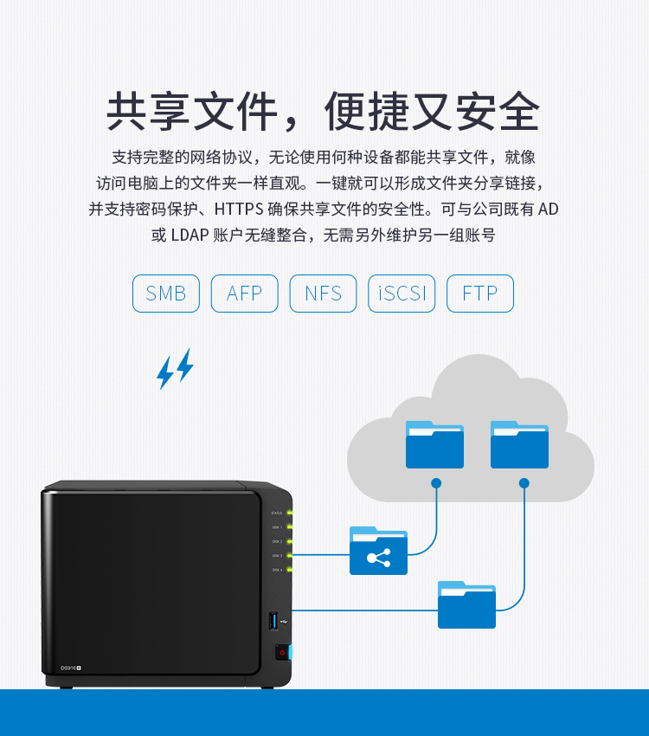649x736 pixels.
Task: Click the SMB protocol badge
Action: pyautogui.click(x=166, y=294)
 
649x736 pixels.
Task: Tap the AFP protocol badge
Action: pyautogui.click(x=244, y=294)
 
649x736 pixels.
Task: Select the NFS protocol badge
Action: pyautogui.click(x=323, y=294)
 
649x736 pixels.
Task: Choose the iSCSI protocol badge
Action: pyautogui.click(x=402, y=294)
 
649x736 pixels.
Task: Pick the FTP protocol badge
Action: pyautogui.click(x=480, y=294)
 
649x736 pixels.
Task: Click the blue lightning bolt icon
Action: pyautogui.click(x=175, y=368)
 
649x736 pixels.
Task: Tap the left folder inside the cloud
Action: pyautogui.click(x=434, y=445)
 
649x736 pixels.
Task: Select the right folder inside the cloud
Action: pyautogui.click(x=519, y=445)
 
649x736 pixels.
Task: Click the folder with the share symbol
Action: pyautogui.click(x=378, y=552)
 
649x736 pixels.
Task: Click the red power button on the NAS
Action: pyautogui.click(x=281, y=652)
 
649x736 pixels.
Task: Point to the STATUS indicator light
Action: pyautogui.click(x=290, y=513)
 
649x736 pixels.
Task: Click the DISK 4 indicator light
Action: pyautogui.click(x=290, y=570)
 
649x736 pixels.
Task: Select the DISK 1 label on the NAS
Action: pyautogui.click(x=277, y=527)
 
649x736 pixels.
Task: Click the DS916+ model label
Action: pyautogui.click(x=70, y=667)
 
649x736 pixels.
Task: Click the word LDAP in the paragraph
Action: pyautogui.click(x=190, y=235)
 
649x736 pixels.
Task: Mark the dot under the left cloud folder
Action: pyautogui.click(x=436, y=482)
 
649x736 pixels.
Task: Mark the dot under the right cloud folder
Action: pyautogui.click(x=524, y=482)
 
